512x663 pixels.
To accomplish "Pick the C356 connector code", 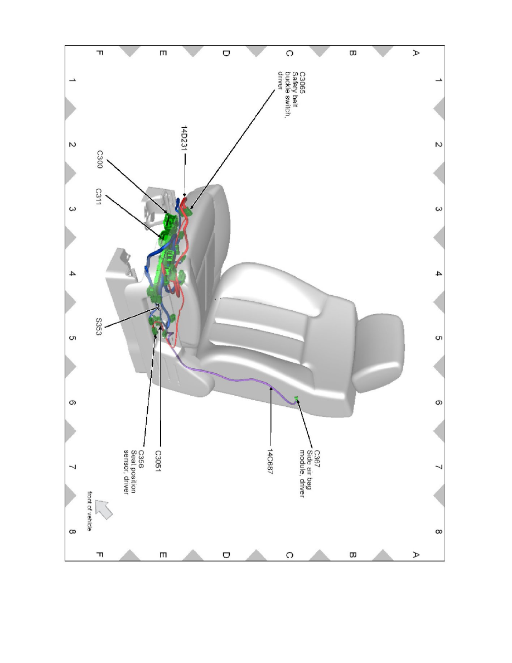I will click(x=143, y=457).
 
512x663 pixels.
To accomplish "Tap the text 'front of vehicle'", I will click(x=90, y=511).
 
